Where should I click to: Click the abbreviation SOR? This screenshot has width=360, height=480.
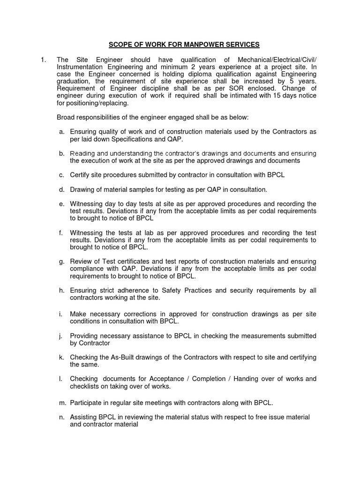click(x=224, y=89)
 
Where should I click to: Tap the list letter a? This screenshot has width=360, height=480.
click(x=61, y=132)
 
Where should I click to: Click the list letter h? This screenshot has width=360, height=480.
click(x=61, y=290)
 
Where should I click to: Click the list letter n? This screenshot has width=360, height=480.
click(x=61, y=417)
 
